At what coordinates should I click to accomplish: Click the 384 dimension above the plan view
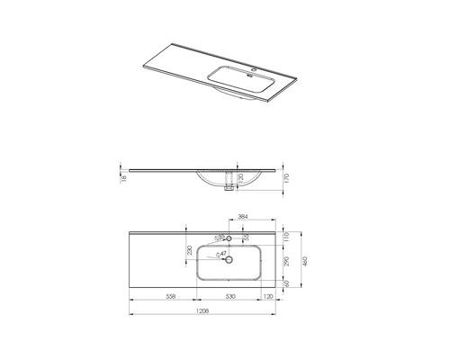tap(241, 217)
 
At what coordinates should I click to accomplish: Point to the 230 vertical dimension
tap(190, 254)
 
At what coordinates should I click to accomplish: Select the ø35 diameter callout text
tap(219, 238)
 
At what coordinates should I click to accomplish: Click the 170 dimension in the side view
tap(286, 178)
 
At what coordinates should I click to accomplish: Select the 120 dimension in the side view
tap(242, 178)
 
